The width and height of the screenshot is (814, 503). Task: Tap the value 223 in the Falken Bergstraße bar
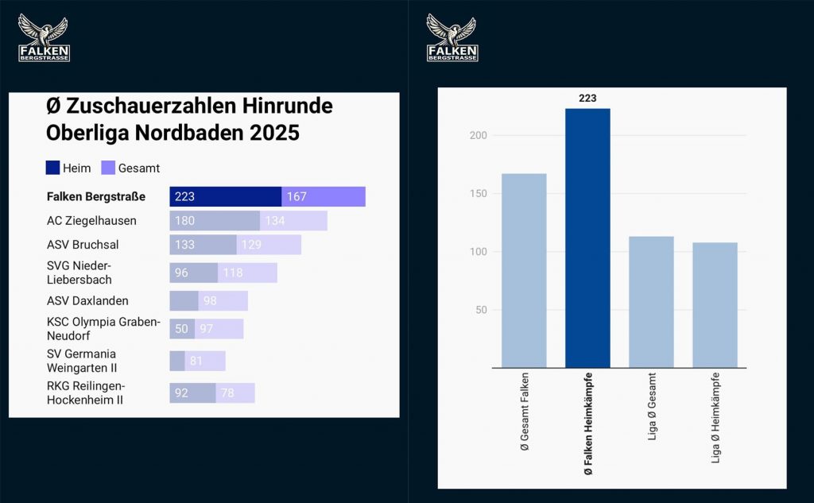tap(185, 197)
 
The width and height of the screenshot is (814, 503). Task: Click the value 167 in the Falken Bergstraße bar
tap(297, 197)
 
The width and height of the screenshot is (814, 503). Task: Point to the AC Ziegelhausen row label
tap(91, 221)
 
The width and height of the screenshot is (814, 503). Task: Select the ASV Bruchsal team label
tap(83, 245)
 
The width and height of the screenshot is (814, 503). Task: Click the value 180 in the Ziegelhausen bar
tap(184, 221)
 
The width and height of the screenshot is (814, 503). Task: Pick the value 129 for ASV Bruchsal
tap(251, 245)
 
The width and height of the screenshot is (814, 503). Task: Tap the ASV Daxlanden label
tap(87, 301)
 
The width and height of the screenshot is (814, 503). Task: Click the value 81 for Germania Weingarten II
tap(196, 361)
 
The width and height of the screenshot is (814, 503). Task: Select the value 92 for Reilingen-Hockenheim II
tap(181, 393)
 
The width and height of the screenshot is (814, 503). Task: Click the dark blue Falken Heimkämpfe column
tap(587, 238)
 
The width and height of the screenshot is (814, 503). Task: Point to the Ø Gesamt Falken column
tap(524, 270)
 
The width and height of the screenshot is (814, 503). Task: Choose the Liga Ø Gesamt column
tap(651, 302)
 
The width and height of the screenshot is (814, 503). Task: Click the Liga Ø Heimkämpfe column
tap(715, 305)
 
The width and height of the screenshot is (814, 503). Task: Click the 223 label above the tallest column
tap(587, 99)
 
